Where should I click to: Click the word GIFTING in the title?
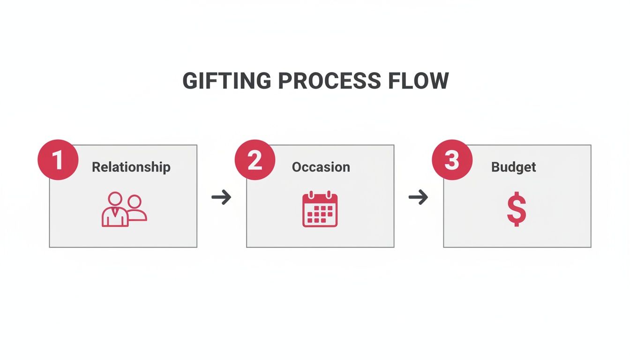(x=227, y=81)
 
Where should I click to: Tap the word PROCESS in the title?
(x=330, y=81)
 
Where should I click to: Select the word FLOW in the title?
(x=419, y=81)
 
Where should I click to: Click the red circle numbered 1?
(x=58, y=160)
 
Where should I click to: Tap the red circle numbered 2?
(x=255, y=160)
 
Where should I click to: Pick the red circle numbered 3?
(x=452, y=160)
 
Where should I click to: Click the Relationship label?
(x=131, y=167)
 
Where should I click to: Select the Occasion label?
(x=321, y=167)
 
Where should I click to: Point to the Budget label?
(x=514, y=167)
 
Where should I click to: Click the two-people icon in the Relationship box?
(x=124, y=209)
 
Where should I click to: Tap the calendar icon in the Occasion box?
(x=320, y=209)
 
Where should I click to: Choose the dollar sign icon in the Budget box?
(x=517, y=209)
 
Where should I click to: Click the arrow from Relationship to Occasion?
(x=221, y=197)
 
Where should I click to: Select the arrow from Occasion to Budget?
(x=418, y=197)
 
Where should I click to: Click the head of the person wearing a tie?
(x=115, y=199)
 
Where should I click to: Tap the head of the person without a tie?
(x=135, y=202)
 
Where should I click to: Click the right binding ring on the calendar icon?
(x=329, y=195)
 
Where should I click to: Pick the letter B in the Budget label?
(x=495, y=167)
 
